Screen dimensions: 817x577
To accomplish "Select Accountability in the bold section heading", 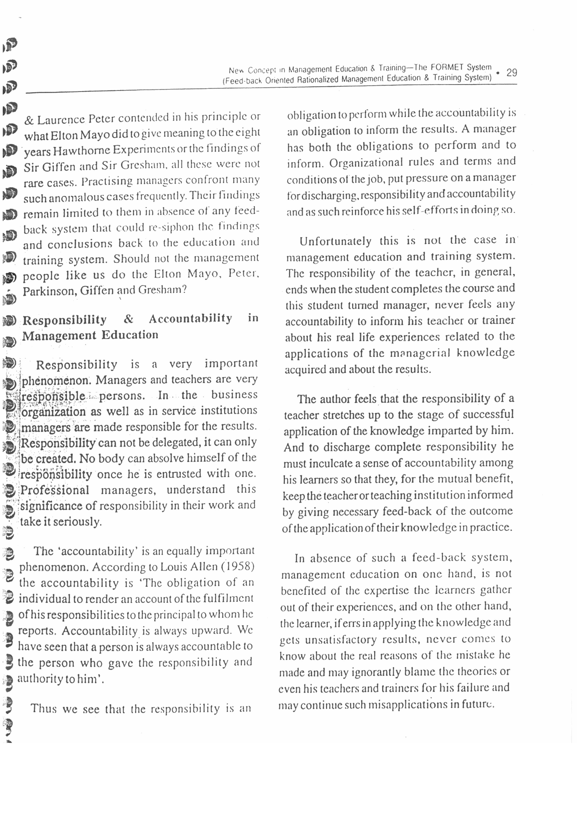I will (x=190, y=318).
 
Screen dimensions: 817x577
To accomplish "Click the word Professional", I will (x=55, y=490).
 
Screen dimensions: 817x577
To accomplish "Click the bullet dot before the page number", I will (x=498, y=73).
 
